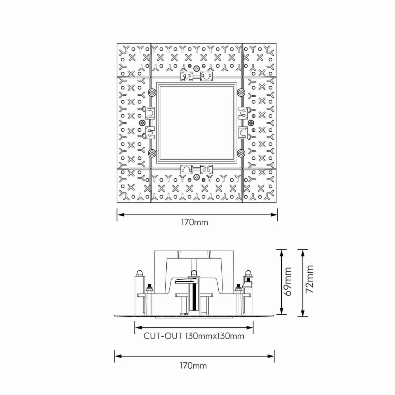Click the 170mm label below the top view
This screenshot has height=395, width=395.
click(194, 222)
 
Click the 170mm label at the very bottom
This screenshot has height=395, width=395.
click(193, 366)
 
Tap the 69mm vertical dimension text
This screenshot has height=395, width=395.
click(288, 282)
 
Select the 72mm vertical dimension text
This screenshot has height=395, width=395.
click(309, 279)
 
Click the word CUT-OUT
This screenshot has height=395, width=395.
click(163, 336)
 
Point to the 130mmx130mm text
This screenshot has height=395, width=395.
click(214, 336)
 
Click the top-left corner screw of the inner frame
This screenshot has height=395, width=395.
click(152, 93)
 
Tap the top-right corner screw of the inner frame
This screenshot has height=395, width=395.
click(241, 93)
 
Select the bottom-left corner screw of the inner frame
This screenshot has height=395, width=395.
click(152, 153)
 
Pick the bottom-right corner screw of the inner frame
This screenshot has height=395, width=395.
click(241, 153)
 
